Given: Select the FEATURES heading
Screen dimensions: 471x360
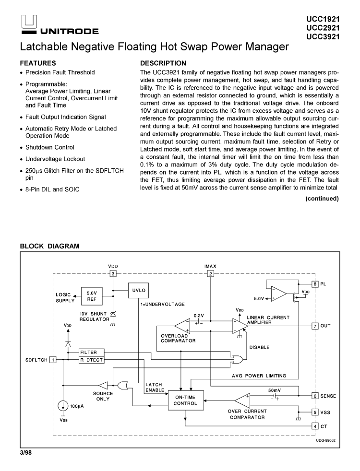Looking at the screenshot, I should click(x=38, y=63).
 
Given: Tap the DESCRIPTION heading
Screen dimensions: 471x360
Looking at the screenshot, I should click(x=163, y=63).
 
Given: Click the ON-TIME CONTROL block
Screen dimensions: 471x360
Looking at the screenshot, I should click(x=185, y=400).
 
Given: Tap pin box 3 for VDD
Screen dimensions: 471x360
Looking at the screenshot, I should click(x=113, y=274).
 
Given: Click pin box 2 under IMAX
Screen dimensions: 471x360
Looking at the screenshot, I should click(x=210, y=274).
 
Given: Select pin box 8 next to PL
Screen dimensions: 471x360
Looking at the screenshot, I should click(x=315, y=283).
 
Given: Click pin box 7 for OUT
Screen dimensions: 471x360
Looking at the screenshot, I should click(x=315, y=326).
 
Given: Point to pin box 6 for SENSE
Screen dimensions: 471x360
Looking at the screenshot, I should click(x=315, y=396).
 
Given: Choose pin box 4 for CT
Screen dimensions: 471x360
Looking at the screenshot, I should click(x=315, y=425).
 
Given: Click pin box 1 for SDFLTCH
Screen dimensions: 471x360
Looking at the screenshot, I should click(x=53, y=360).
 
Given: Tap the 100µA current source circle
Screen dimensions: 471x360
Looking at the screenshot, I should click(x=63, y=406).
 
